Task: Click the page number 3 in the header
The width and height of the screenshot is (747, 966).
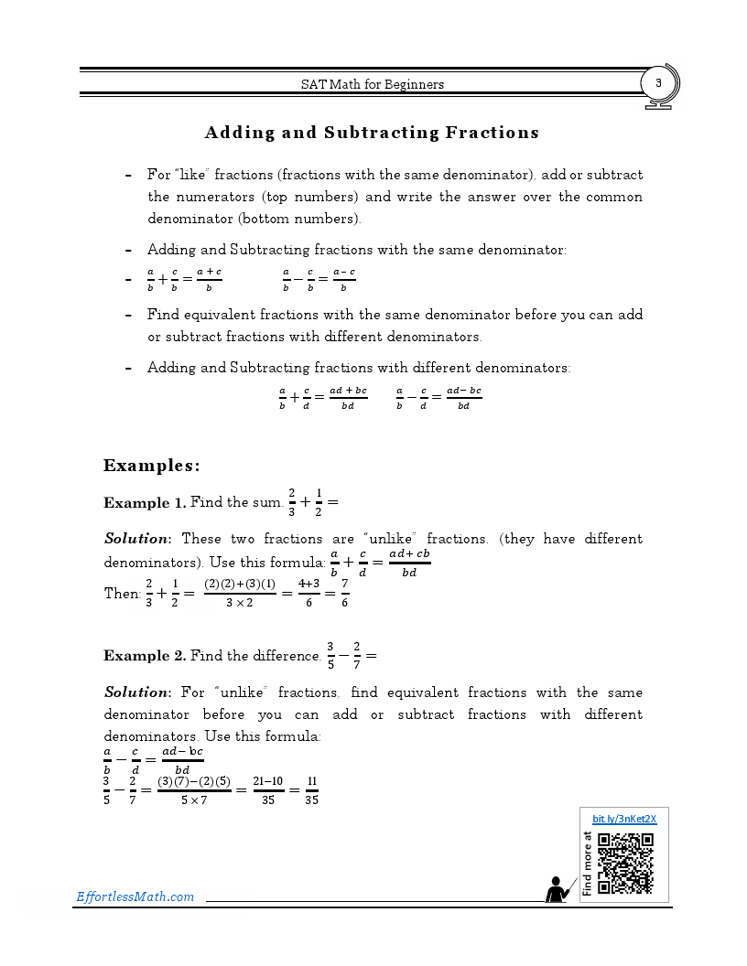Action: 658,83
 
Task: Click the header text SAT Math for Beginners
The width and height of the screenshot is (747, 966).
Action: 373,84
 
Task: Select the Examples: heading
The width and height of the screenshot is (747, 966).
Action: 151,466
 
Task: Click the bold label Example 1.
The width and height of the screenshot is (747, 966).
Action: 145,502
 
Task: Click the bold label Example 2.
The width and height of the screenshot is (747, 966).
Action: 145,656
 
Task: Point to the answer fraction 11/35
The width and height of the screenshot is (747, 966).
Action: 312,790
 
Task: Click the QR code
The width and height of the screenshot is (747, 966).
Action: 625,863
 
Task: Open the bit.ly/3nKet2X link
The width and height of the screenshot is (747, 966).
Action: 624,819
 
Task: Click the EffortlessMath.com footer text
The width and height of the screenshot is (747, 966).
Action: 135,896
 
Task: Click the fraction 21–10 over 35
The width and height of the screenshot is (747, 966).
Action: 267,790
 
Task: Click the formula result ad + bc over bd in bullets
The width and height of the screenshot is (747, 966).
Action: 348,398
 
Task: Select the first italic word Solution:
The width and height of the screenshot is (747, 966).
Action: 137,539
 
